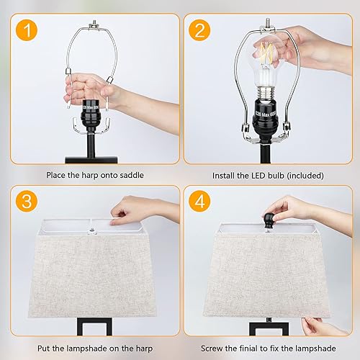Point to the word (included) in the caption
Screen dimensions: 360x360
click(304, 174)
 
